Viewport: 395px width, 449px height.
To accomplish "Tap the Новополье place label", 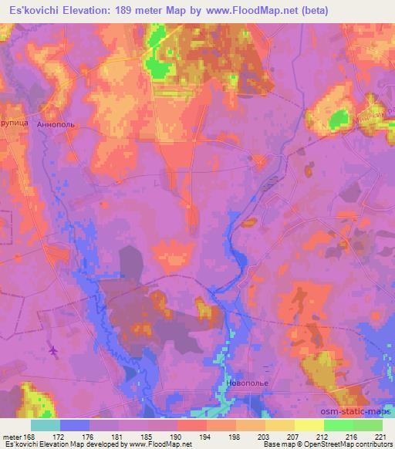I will pos(248,381).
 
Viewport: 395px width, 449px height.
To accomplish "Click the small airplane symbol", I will pos(52,352).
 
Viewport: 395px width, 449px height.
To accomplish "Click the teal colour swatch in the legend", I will pos(46,425).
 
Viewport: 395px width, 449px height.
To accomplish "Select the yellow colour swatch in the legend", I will pos(309,425).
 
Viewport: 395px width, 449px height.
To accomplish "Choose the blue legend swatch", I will pos(75,425).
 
